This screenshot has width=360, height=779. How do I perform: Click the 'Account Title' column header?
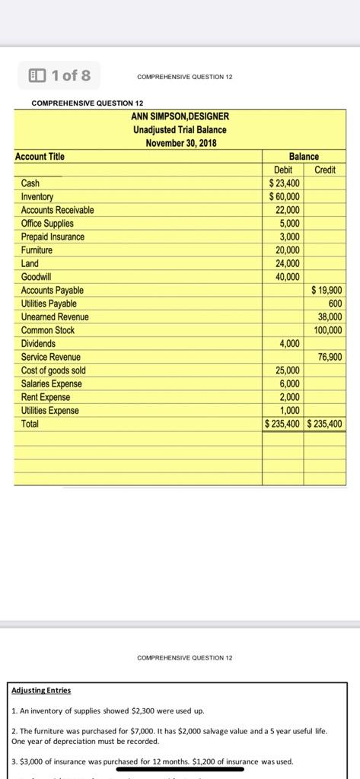[x=40, y=157]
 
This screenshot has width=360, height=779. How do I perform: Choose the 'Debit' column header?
[x=283, y=170]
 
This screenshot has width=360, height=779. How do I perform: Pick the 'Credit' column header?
[x=325, y=170]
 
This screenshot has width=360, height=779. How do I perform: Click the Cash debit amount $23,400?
[x=285, y=183]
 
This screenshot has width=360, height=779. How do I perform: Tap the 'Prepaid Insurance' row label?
[x=53, y=237]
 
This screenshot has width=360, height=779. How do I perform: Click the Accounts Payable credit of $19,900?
[x=327, y=290]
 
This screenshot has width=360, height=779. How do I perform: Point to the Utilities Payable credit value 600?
[x=334, y=304]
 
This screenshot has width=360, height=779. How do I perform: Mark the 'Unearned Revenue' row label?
[x=55, y=316]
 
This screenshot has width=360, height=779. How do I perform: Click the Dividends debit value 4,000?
[x=288, y=343]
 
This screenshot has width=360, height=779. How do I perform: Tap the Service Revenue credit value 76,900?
[x=330, y=357]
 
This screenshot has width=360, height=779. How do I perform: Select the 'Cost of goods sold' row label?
[x=53, y=370]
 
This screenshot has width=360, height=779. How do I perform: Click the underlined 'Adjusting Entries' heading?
[x=42, y=690]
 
